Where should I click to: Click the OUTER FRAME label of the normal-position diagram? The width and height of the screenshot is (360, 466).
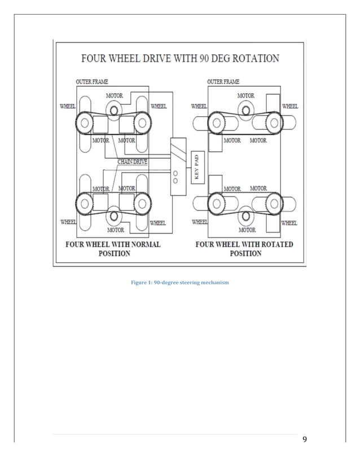pos(92,82)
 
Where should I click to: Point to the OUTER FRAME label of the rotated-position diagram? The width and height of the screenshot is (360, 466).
pos(223,82)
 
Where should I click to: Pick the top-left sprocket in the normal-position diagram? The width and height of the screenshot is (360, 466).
pos(84,121)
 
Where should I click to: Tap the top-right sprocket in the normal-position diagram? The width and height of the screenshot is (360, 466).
pos(142,121)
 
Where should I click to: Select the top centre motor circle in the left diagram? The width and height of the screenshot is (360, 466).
pos(115,110)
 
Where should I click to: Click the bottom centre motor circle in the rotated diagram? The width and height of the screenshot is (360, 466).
pos(247,215)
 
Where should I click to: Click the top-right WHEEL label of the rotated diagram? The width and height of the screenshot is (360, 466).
pos(289,105)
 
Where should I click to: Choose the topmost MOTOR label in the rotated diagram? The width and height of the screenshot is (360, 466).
pos(245,96)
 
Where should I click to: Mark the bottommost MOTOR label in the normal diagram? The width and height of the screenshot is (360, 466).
pos(115,230)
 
